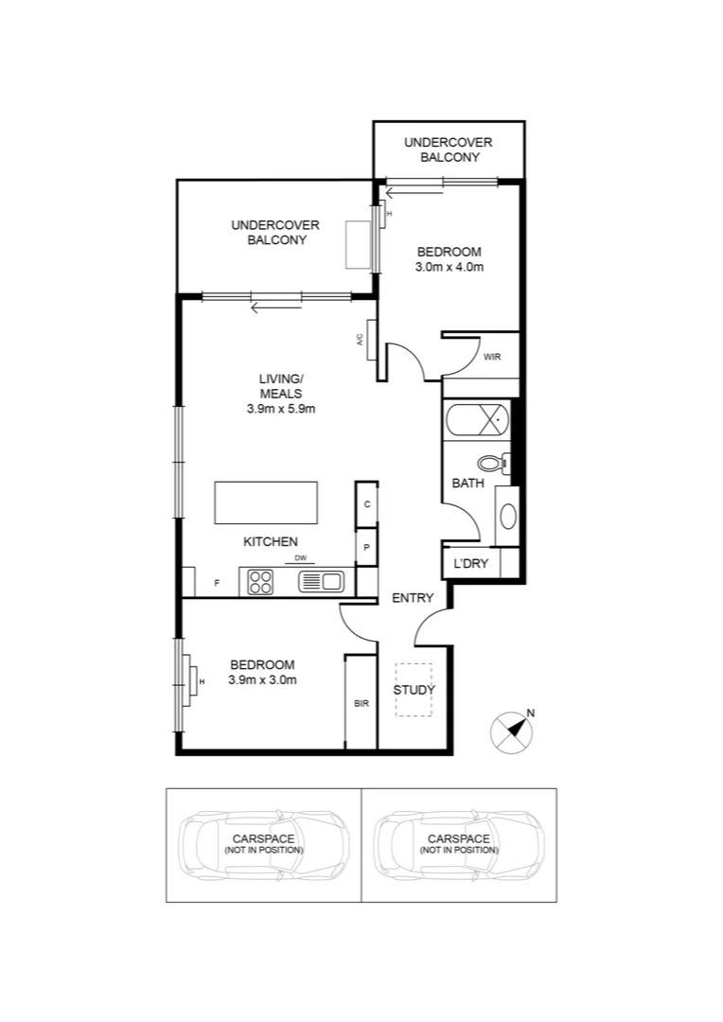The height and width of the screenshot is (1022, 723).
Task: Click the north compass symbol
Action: [x=511, y=731]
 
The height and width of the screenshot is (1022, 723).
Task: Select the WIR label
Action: [x=492, y=357]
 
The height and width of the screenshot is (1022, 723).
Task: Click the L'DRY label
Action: [x=470, y=564]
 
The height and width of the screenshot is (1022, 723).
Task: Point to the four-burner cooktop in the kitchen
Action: [x=260, y=582]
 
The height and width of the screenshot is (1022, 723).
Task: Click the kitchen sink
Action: [x=320, y=582]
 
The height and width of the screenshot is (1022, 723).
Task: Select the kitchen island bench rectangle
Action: [x=266, y=502]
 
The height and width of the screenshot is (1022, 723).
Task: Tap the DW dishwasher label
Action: [x=301, y=558]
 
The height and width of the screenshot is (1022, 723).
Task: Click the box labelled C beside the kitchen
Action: [x=367, y=503]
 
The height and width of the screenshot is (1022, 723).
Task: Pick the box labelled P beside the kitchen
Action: [x=367, y=548]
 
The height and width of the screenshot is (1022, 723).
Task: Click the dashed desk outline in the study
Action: [x=414, y=689]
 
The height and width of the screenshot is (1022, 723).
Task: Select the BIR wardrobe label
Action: [x=361, y=704]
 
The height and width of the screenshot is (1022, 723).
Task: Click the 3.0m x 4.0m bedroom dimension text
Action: [x=450, y=268]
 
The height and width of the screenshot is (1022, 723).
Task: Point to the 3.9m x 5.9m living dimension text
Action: [x=280, y=409]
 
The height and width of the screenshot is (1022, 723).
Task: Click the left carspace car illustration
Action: [x=264, y=844]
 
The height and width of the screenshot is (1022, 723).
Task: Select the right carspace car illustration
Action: [x=459, y=844]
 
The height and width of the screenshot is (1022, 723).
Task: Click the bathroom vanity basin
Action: [x=508, y=517]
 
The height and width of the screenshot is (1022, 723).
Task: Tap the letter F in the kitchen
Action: [x=217, y=583]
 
